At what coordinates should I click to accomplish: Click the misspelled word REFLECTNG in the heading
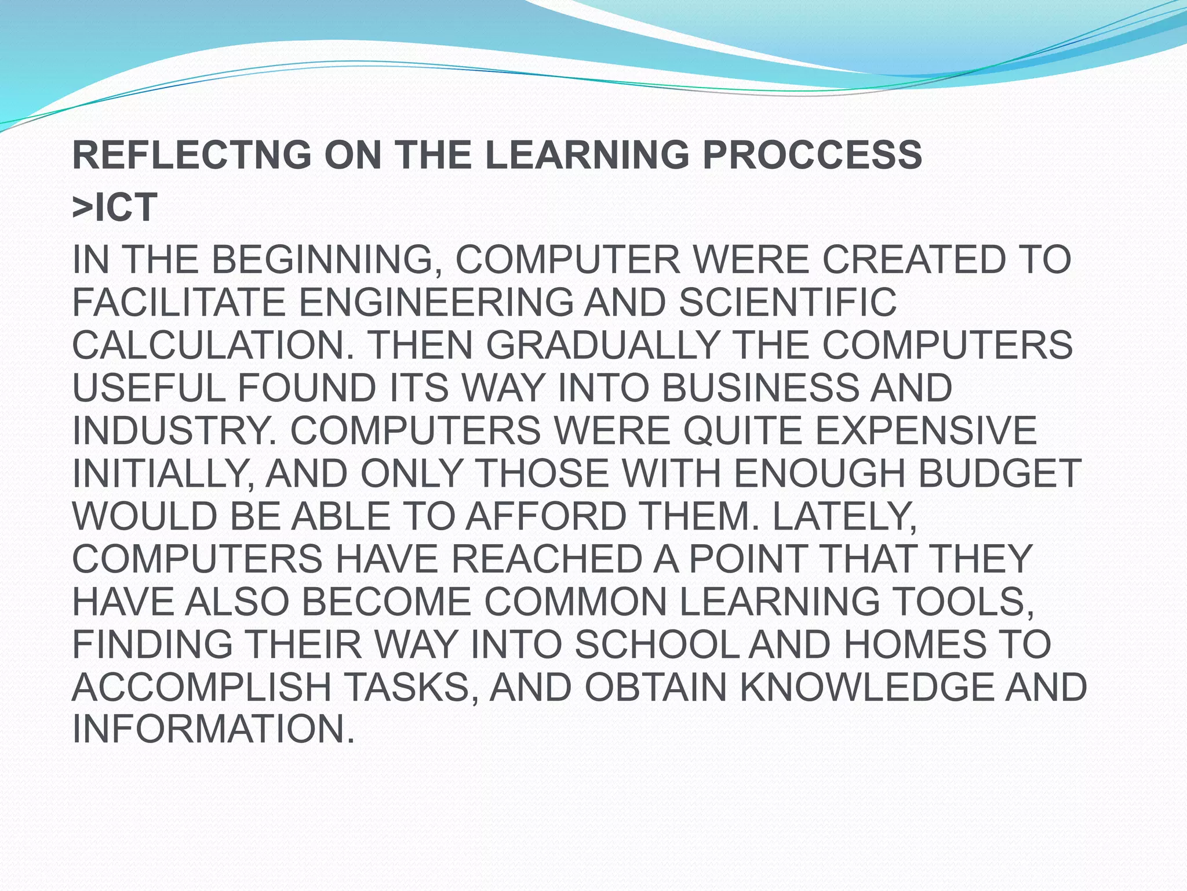tap(191, 155)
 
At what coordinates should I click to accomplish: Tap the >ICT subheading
tap(114, 207)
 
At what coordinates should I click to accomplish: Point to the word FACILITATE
tap(179, 303)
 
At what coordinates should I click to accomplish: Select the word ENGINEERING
tap(435, 303)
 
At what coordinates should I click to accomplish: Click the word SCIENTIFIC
tap(787, 303)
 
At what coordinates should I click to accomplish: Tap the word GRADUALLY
tap(603, 346)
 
